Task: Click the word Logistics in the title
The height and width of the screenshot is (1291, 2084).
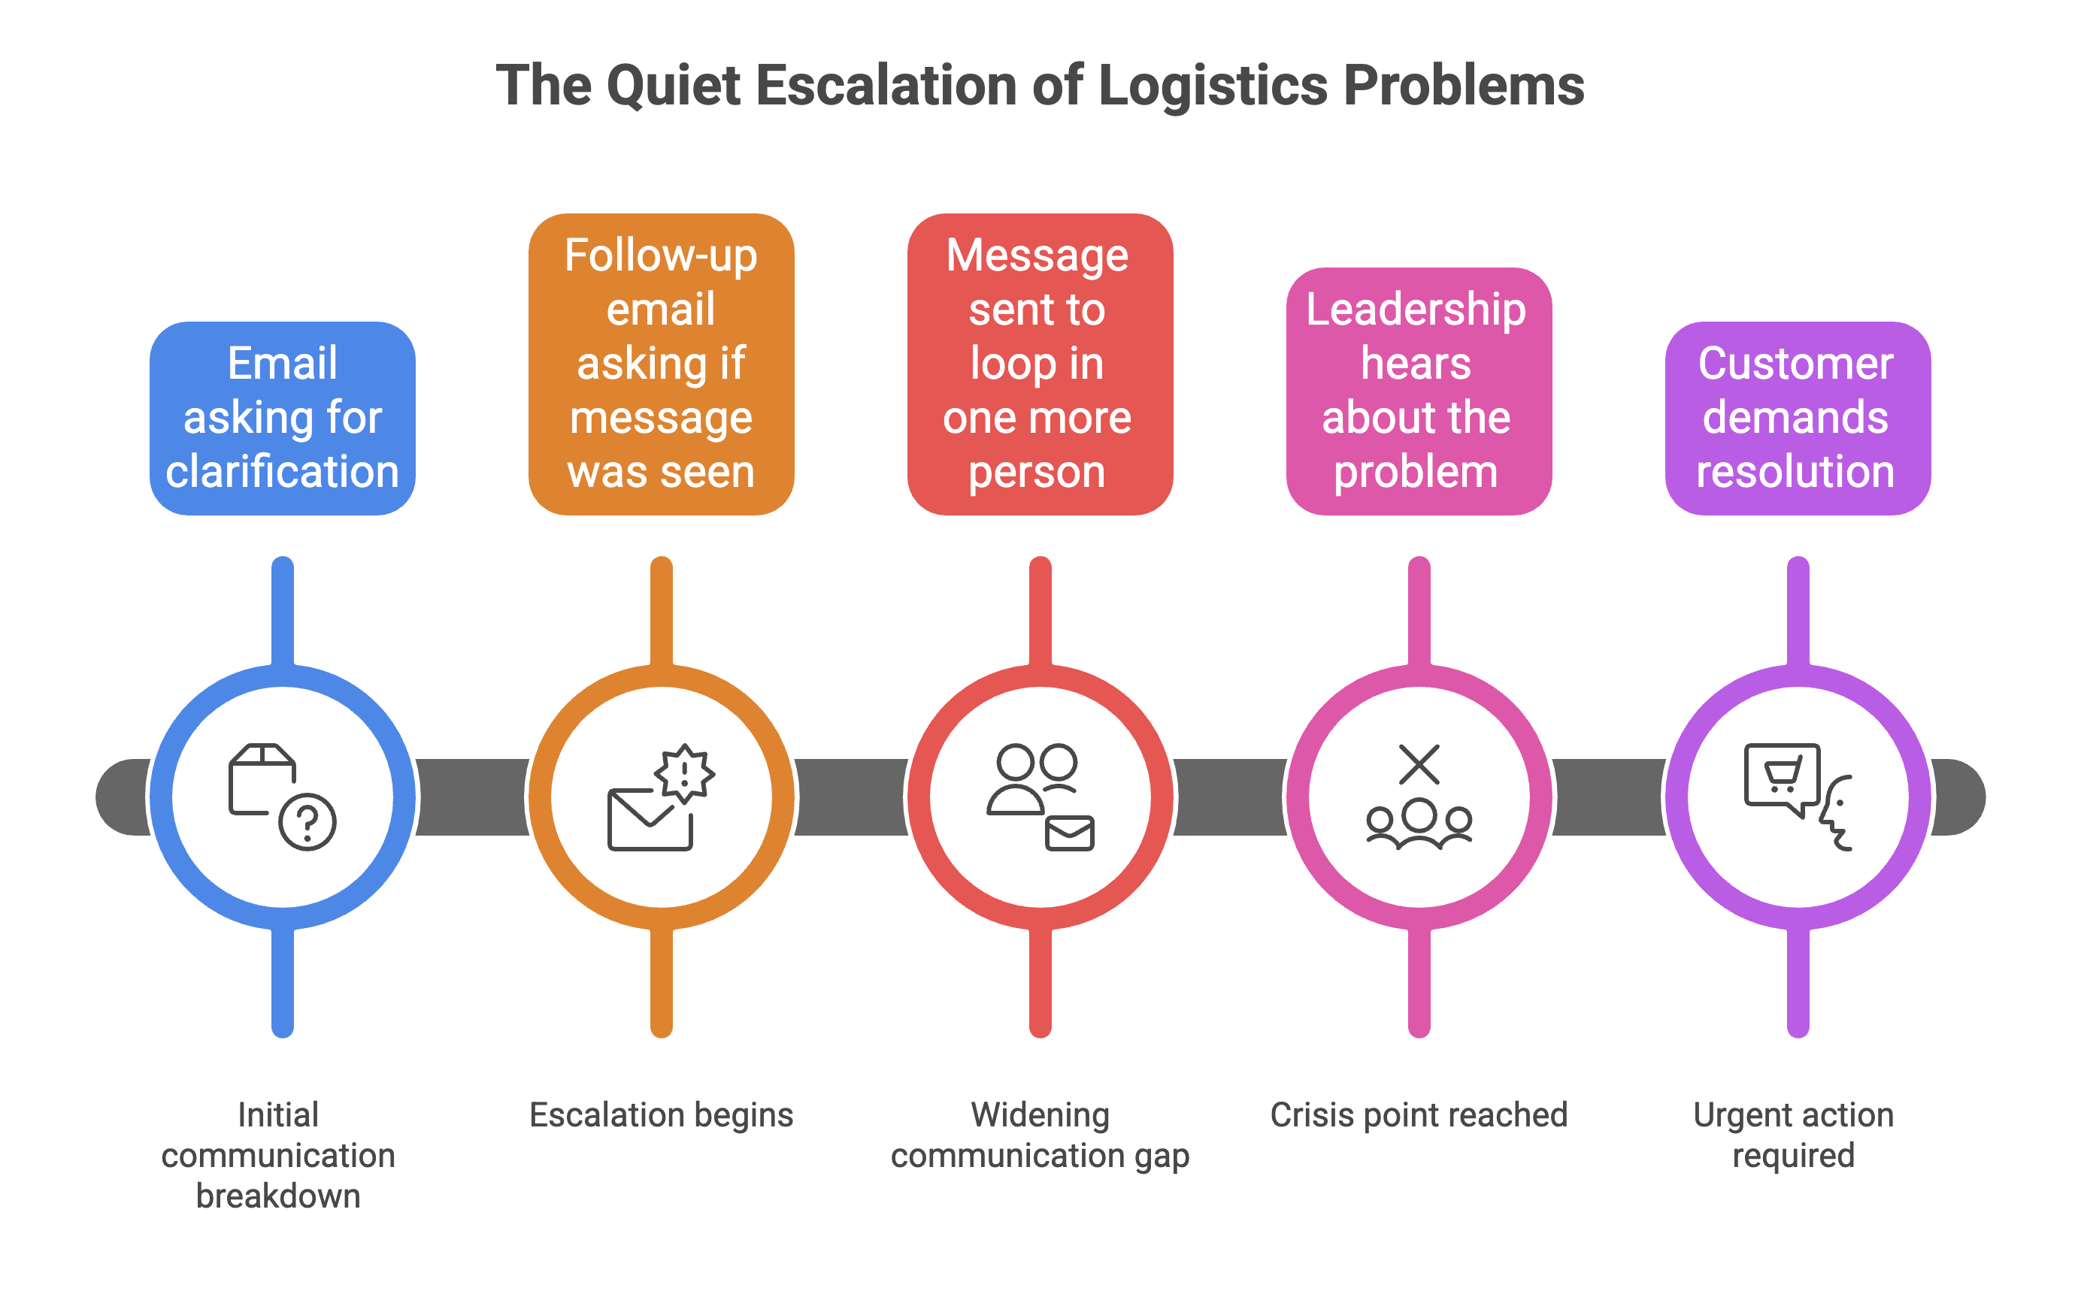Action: (1212, 86)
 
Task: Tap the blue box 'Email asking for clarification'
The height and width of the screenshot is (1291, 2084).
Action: (282, 418)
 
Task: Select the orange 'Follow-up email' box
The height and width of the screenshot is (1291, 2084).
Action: (661, 364)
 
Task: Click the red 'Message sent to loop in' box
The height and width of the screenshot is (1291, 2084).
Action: (1040, 364)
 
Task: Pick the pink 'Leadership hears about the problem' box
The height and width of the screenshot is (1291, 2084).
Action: (1419, 391)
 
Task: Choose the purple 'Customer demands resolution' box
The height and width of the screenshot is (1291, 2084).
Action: (1797, 418)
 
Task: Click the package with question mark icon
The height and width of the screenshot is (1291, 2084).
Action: (282, 796)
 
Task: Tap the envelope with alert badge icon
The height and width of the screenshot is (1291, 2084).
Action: (661, 797)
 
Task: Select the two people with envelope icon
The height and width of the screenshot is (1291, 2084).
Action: (1040, 797)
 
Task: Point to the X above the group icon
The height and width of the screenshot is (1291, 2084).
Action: (1419, 763)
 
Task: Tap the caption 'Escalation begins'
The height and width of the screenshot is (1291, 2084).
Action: (661, 1114)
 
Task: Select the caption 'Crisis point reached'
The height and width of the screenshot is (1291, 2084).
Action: (1419, 1114)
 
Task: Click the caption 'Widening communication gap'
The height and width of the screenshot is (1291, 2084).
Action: (1040, 1135)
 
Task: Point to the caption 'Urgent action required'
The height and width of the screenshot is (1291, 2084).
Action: (1794, 1135)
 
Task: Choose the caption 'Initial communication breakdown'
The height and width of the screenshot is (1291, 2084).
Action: (278, 1154)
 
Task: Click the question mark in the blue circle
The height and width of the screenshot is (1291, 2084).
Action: (307, 821)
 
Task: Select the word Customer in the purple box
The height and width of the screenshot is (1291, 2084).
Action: (1795, 364)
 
